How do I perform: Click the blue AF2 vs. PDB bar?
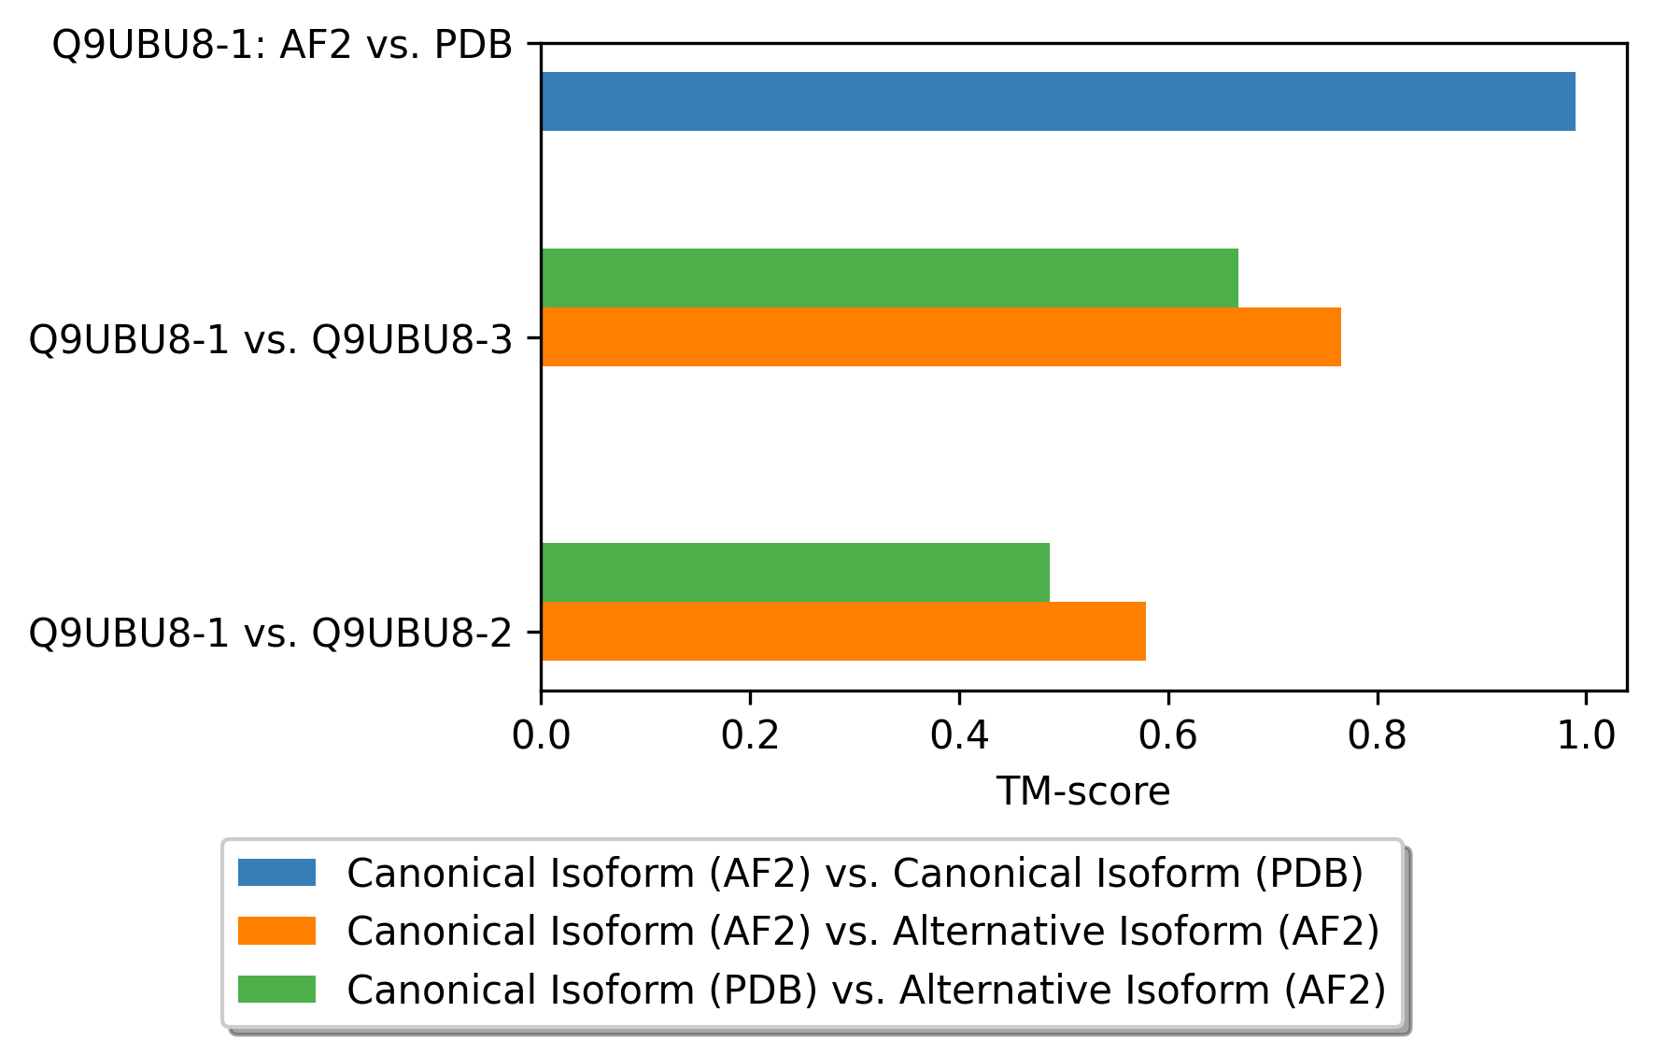click(x=1058, y=101)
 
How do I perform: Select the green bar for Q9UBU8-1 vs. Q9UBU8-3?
click(x=890, y=278)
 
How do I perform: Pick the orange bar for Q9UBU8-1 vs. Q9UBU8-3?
click(x=941, y=336)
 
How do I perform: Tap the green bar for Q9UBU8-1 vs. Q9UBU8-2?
click(x=796, y=572)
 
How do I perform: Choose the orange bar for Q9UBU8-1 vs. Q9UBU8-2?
click(x=843, y=631)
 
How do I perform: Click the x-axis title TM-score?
click(x=1083, y=791)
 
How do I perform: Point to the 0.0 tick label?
click(x=541, y=735)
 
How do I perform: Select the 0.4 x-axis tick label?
click(x=959, y=735)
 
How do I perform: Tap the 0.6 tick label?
click(x=1168, y=735)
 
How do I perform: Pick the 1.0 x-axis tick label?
click(x=1586, y=735)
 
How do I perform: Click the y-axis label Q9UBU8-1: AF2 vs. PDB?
click(x=283, y=44)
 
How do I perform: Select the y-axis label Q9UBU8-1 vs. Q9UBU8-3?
click(x=272, y=339)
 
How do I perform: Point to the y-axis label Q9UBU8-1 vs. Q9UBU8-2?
click(x=272, y=633)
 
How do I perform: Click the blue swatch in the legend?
click(x=276, y=873)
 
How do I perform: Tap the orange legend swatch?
click(x=276, y=931)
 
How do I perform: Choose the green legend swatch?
click(x=276, y=989)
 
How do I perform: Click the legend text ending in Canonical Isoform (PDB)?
click(x=855, y=873)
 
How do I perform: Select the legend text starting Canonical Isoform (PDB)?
click(x=867, y=990)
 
